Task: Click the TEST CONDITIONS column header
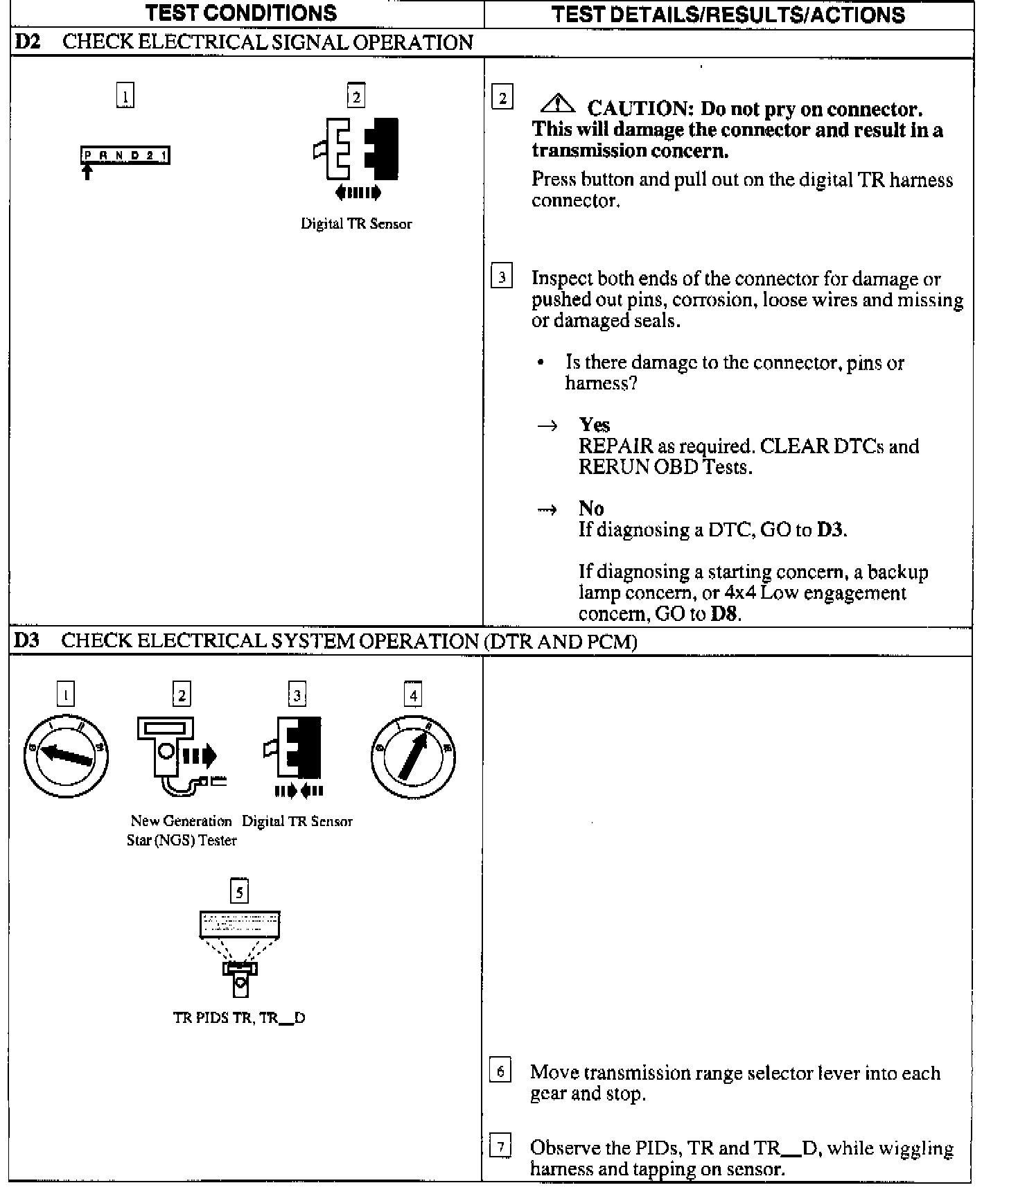(241, 13)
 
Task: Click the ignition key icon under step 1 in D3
(66, 755)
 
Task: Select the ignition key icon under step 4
(413, 755)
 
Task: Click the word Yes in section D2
(594, 425)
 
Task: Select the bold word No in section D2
(591, 509)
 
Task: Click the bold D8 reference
(724, 614)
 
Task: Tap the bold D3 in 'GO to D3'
(830, 530)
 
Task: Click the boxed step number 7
(500, 1146)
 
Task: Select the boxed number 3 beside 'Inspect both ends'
(502, 277)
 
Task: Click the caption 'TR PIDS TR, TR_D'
(239, 1018)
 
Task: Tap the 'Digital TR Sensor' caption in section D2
(356, 224)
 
